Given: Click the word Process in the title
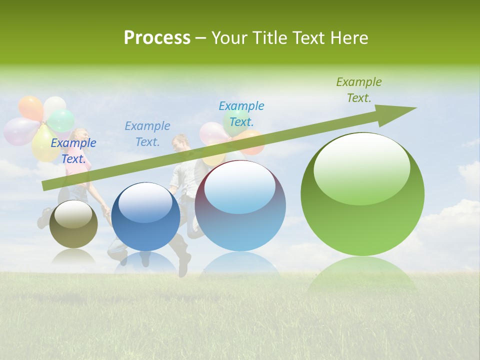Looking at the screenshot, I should point(157,38).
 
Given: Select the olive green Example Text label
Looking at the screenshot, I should point(358,90).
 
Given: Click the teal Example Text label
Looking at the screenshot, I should point(241,114).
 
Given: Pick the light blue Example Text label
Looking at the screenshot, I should point(147,134).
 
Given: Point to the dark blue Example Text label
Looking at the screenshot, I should point(73,151).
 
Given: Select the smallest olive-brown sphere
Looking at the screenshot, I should point(73,224).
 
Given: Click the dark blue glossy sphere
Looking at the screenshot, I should point(145,217).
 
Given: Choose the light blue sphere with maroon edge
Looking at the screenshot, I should point(240,206).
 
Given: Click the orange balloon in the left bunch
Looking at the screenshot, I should point(30,107).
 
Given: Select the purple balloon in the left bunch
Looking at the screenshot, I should point(19,131).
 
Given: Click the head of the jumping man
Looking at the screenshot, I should point(180,143).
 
